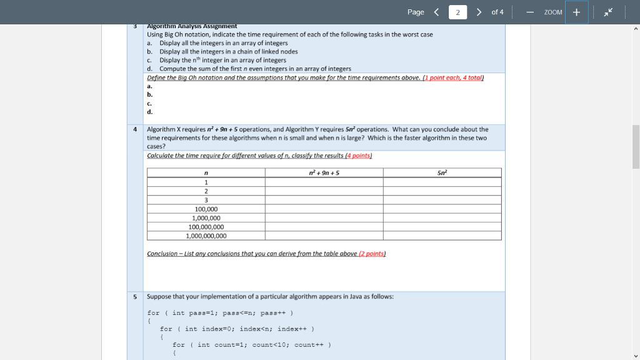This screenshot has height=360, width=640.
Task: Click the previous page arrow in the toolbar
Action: (436, 12)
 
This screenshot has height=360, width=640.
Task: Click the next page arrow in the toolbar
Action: (479, 12)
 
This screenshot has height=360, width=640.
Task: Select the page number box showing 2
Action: (457, 12)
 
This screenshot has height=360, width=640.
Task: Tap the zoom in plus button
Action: (576, 12)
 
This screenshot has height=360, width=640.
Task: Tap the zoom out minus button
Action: (529, 12)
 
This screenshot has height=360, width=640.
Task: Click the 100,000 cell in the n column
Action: (206, 209)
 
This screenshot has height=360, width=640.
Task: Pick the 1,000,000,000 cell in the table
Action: (206, 236)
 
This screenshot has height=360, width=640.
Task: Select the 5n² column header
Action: (442, 172)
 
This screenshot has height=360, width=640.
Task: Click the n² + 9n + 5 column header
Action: (324, 172)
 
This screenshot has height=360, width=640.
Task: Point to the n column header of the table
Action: (206, 173)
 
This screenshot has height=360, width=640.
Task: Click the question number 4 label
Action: (135, 129)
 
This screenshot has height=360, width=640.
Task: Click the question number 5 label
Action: (135, 296)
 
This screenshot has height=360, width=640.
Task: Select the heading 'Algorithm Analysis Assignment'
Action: (191, 26)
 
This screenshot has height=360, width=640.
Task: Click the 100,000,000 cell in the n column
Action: (206, 227)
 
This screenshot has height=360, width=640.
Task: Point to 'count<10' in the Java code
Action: (271, 344)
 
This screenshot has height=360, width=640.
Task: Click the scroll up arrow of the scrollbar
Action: (636, 29)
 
